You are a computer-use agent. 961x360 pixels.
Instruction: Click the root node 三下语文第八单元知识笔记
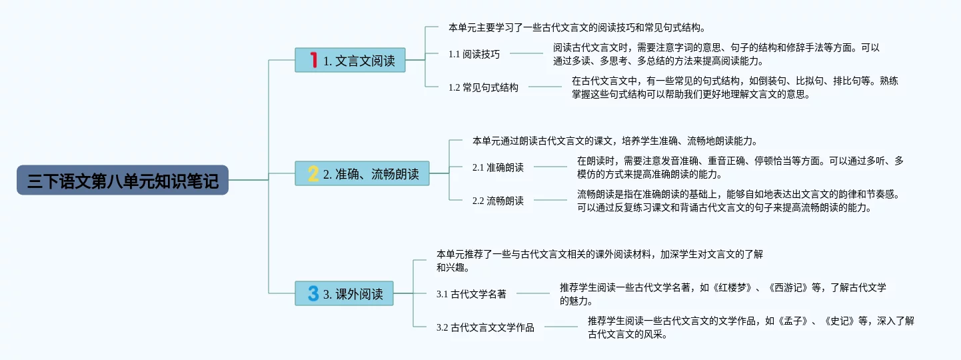coord(123,180)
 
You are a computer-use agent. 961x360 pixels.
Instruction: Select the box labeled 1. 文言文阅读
coord(350,60)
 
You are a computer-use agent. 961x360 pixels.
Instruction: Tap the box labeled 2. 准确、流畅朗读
coord(362,173)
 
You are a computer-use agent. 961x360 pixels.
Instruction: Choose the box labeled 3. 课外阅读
coord(344,293)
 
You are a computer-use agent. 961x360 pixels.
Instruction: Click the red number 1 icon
coord(313,60)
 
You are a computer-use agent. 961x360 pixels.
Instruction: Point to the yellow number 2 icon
coord(313,173)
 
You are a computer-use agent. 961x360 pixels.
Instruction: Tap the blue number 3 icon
coord(313,293)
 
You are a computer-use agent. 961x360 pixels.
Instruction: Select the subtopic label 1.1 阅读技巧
coord(474,54)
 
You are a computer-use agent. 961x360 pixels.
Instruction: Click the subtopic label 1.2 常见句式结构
coord(483,87)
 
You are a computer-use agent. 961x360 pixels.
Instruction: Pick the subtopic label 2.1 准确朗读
coord(498,167)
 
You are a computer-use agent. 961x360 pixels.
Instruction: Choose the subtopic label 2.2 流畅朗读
coord(498,201)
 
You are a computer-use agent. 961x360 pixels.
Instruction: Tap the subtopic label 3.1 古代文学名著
coord(471,294)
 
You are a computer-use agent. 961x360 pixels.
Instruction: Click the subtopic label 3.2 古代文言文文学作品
coord(485,327)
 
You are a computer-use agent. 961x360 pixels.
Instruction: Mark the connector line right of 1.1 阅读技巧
coord(526,53)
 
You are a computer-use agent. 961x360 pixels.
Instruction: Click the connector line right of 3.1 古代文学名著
coord(533,293)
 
